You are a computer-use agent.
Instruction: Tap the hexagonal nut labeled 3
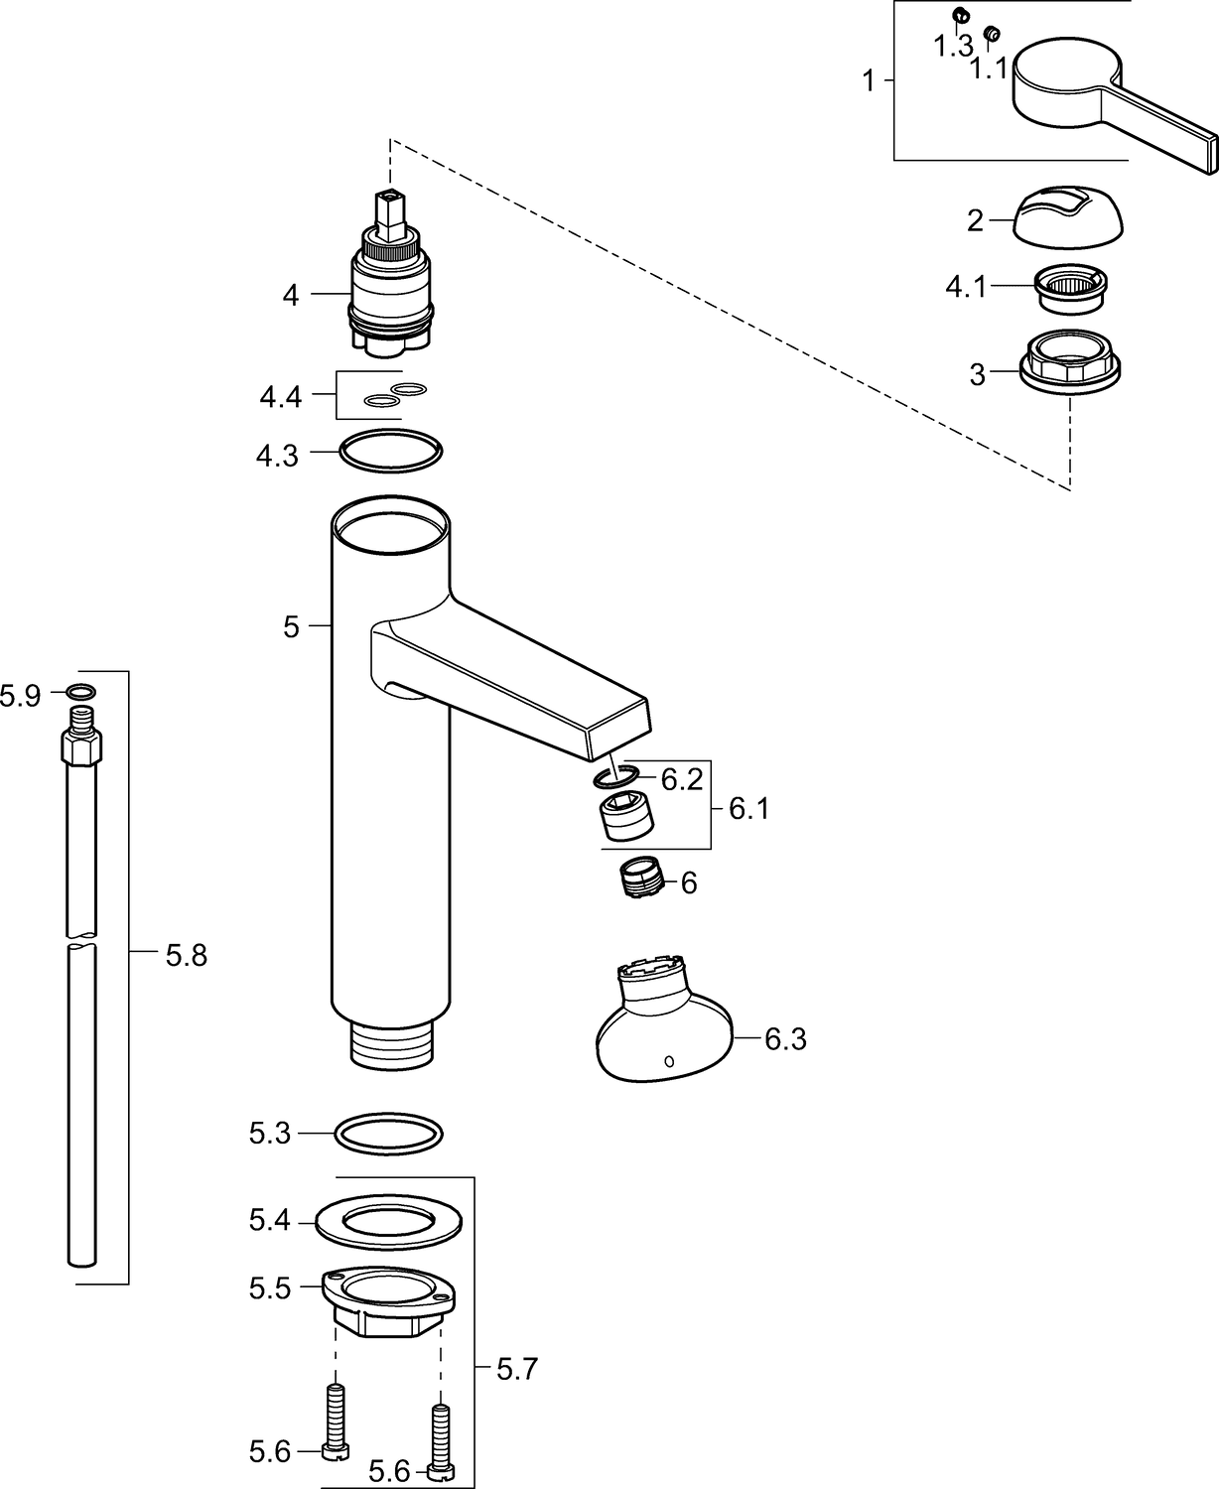pyautogui.click(x=1070, y=362)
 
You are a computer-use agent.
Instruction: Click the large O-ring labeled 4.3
pyautogui.click(x=390, y=451)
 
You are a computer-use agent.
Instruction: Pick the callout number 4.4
pyautogui.click(x=280, y=397)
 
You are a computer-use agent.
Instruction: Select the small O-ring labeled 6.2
pyautogui.click(x=615, y=776)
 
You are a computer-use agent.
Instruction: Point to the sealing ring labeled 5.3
pyautogui.click(x=388, y=1134)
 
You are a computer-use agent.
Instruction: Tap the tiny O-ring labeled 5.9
pyautogui.click(x=81, y=691)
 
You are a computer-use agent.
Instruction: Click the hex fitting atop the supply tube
pyautogui.click(x=81, y=745)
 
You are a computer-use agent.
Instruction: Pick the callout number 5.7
pyautogui.click(x=517, y=1369)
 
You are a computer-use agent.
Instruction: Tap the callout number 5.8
pyautogui.click(x=187, y=955)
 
